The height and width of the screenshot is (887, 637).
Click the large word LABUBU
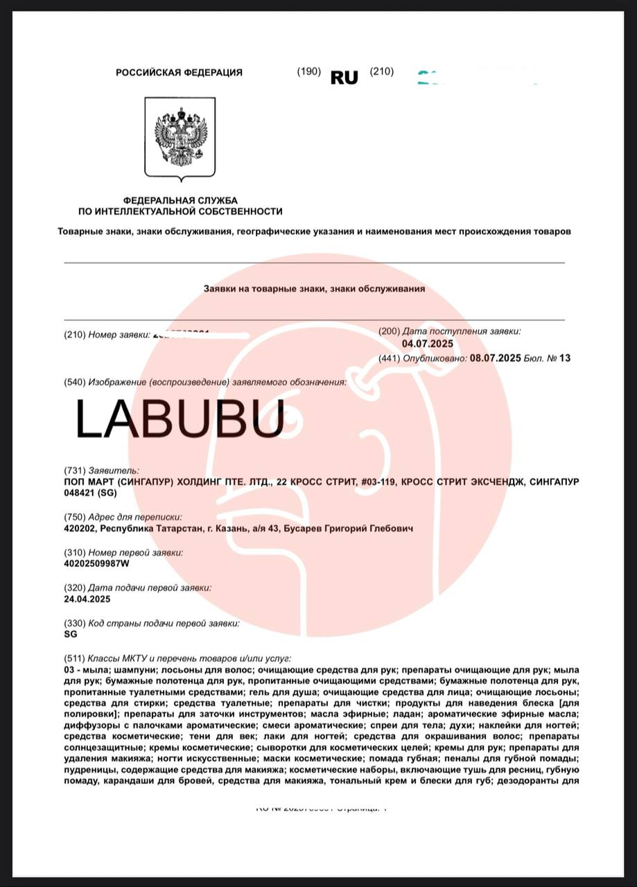[x=179, y=419]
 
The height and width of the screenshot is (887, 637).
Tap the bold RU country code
[x=344, y=78]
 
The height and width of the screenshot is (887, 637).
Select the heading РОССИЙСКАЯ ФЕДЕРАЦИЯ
[x=179, y=73]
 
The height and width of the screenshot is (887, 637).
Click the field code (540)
[x=74, y=382]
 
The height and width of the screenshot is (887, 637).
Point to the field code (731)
[x=74, y=470]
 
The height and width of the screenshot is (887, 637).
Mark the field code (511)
[x=74, y=658]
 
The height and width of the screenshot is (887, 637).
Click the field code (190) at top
[x=308, y=71]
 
